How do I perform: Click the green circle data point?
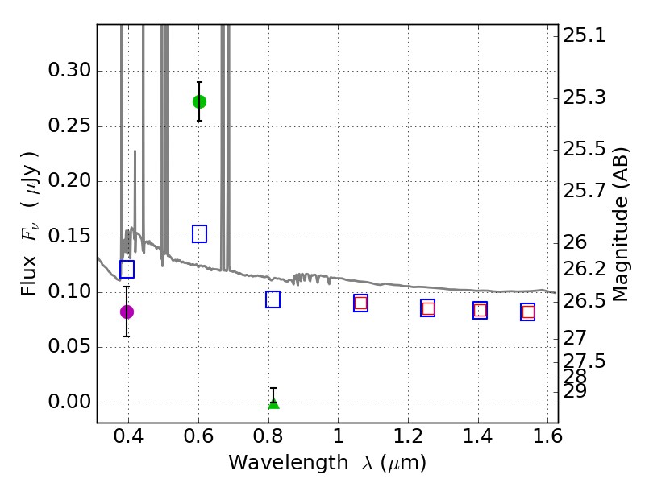tap(199, 101)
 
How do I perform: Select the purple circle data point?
tap(127, 312)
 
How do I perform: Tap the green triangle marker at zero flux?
tap(273, 402)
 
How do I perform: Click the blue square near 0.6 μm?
tap(199, 234)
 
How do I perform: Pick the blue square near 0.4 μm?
tap(127, 269)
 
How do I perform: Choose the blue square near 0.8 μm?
tap(273, 299)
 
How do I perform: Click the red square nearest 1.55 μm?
tap(528, 312)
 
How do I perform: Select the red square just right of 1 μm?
tap(360, 303)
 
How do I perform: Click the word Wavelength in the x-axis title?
tap(277, 464)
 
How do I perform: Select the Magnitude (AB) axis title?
tap(620, 224)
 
